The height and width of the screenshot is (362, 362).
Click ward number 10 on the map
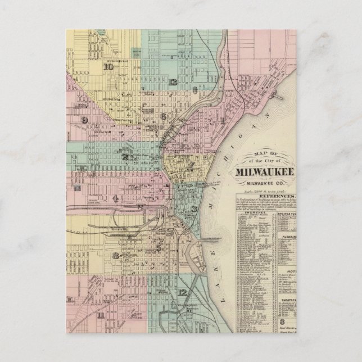point(108,66)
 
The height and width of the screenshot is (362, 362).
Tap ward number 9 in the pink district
point(84,120)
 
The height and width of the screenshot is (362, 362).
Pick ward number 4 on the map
point(115,197)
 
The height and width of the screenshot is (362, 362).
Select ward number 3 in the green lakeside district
point(193,209)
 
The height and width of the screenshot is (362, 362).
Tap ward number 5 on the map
point(159,247)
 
